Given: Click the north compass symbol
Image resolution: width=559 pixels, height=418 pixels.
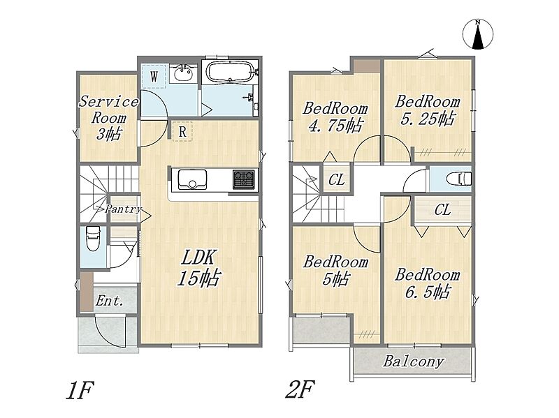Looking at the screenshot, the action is point(478,34).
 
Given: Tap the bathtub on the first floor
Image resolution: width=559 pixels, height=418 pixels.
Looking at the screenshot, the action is point(231,72).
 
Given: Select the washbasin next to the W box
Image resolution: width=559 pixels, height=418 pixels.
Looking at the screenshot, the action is point(183,73).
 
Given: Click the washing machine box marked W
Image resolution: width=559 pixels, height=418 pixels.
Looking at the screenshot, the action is point(154,76).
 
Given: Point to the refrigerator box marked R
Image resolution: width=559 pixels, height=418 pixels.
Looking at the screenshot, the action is point(182,131).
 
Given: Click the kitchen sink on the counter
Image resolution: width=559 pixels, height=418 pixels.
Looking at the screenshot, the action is point(192,179).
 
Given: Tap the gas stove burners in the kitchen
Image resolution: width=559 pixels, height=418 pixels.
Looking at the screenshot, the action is point(244,179).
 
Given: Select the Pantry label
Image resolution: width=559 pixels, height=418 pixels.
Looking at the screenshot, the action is point(123,209).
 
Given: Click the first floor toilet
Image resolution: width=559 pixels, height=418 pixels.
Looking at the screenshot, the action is point(93,238).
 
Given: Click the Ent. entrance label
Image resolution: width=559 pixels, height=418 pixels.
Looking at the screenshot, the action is point(109,301).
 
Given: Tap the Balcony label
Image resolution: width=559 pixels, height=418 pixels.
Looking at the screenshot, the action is point(414,361).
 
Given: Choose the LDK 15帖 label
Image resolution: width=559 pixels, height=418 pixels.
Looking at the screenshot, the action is point(198,268).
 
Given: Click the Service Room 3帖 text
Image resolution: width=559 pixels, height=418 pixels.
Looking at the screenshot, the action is point(108,118).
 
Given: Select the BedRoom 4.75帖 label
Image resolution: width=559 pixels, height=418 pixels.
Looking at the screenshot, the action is point(335,117).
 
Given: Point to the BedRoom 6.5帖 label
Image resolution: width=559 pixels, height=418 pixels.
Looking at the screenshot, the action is point(427,284).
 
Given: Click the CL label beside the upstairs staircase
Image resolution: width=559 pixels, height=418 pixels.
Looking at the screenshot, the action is point(336,179).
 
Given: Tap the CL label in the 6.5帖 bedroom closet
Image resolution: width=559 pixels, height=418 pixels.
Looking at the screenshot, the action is point(442,210).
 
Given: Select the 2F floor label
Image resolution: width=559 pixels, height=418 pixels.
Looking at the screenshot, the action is point(300,389).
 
